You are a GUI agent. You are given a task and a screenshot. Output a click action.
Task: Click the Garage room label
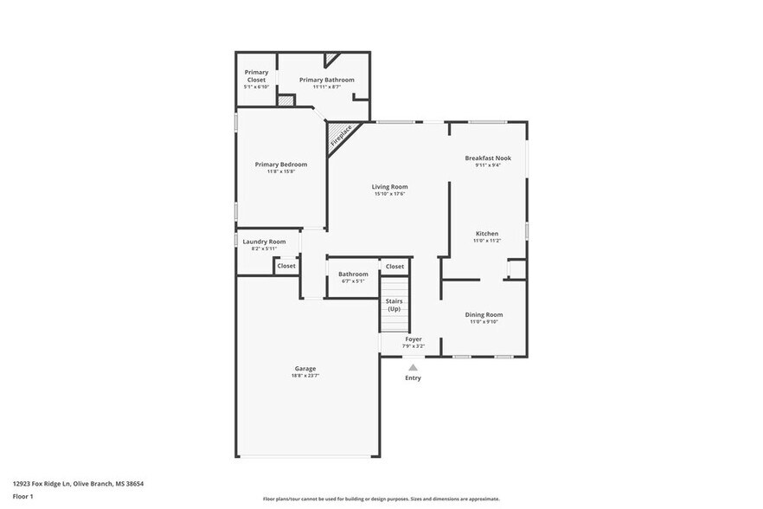[x=305, y=368]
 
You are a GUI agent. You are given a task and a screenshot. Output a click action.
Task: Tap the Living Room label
[x=389, y=186]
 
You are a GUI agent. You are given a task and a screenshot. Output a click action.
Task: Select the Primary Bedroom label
[x=280, y=164]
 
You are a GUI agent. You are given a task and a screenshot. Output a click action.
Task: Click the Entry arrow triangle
[x=413, y=367]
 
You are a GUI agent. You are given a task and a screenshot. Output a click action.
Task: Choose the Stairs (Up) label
[x=394, y=305]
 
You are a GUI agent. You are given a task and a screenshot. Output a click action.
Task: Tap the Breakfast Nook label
[x=488, y=158]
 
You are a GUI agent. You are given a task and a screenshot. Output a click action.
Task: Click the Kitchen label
[x=487, y=233]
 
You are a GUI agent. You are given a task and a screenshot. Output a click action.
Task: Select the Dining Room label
[x=485, y=314]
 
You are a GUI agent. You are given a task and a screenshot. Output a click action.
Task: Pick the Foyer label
[x=414, y=338]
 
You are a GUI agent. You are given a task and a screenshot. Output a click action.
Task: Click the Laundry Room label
[x=264, y=242]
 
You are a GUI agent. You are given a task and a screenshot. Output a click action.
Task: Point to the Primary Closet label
[x=256, y=75]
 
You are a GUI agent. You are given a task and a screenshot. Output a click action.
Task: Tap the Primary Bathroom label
[x=326, y=80]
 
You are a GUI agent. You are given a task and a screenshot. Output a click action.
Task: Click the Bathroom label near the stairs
[x=353, y=274]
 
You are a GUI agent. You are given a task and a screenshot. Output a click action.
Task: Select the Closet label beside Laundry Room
[x=286, y=266]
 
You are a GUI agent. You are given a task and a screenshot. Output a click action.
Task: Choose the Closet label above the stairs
[x=394, y=266]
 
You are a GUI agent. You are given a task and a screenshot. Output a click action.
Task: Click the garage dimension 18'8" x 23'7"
[x=305, y=376]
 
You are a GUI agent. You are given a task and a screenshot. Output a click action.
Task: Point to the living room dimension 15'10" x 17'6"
[x=389, y=194]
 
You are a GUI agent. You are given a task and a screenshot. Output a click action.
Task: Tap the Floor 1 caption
[x=22, y=496]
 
